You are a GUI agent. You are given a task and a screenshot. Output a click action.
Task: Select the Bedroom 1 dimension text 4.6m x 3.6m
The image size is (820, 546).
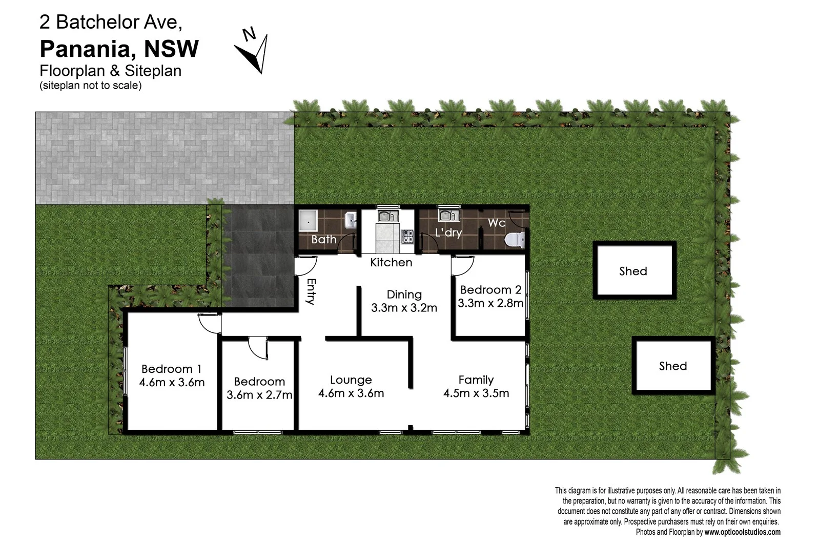[x=172, y=382]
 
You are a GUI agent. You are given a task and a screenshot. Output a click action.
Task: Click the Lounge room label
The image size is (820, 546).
[x=351, y=380]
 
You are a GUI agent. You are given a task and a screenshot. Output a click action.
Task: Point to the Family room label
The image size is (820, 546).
[x=476, y=380]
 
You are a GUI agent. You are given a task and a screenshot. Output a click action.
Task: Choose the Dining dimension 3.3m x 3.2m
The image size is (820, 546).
[x=404, y=308]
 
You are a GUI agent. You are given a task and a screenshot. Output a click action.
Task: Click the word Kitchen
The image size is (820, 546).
[x=391, y=262]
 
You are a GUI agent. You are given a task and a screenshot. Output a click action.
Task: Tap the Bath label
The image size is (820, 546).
[x=324, y=239]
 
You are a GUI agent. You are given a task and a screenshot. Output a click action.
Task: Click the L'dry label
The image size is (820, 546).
[x=448, y=233]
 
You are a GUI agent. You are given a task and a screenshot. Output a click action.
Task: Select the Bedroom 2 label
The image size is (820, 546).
[x=490, y=290]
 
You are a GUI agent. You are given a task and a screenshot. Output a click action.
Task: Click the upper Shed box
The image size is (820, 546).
[x=634, y=270]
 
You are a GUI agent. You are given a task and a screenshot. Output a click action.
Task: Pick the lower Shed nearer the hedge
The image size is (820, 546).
[x=673, y=365]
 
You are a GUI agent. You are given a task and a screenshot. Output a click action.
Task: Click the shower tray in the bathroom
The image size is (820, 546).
[x=309, y=222]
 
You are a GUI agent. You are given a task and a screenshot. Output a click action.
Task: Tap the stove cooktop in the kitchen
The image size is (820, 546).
[x=407, y=237]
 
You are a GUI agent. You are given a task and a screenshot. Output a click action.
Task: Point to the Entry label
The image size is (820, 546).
[x=311, y=291]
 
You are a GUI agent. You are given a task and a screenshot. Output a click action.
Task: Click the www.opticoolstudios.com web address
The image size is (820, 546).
[x=742, y=532]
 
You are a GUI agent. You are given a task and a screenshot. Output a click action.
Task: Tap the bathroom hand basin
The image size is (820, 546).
[x=351, y=221]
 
